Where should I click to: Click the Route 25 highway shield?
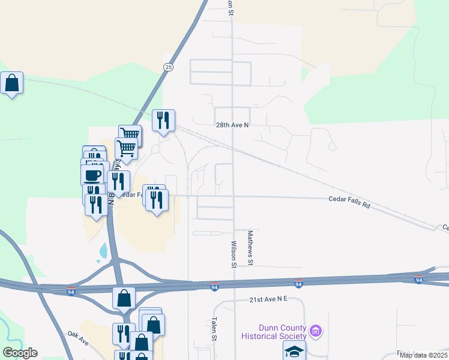tap(168, 68)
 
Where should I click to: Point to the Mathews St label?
tap(250, 247)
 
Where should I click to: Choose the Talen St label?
tap(214, 329)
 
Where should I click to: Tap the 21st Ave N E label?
tap(270, 299)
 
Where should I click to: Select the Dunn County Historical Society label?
tap(282, 332)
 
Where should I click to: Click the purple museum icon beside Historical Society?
tap(316, 331)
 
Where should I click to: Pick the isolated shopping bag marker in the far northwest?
tap(11, 83)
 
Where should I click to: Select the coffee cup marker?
tap(92, 175)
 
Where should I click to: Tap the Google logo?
tap(20, 353)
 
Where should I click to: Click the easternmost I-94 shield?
tap(419, 280)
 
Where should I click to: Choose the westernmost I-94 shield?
tap(71, 292)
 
